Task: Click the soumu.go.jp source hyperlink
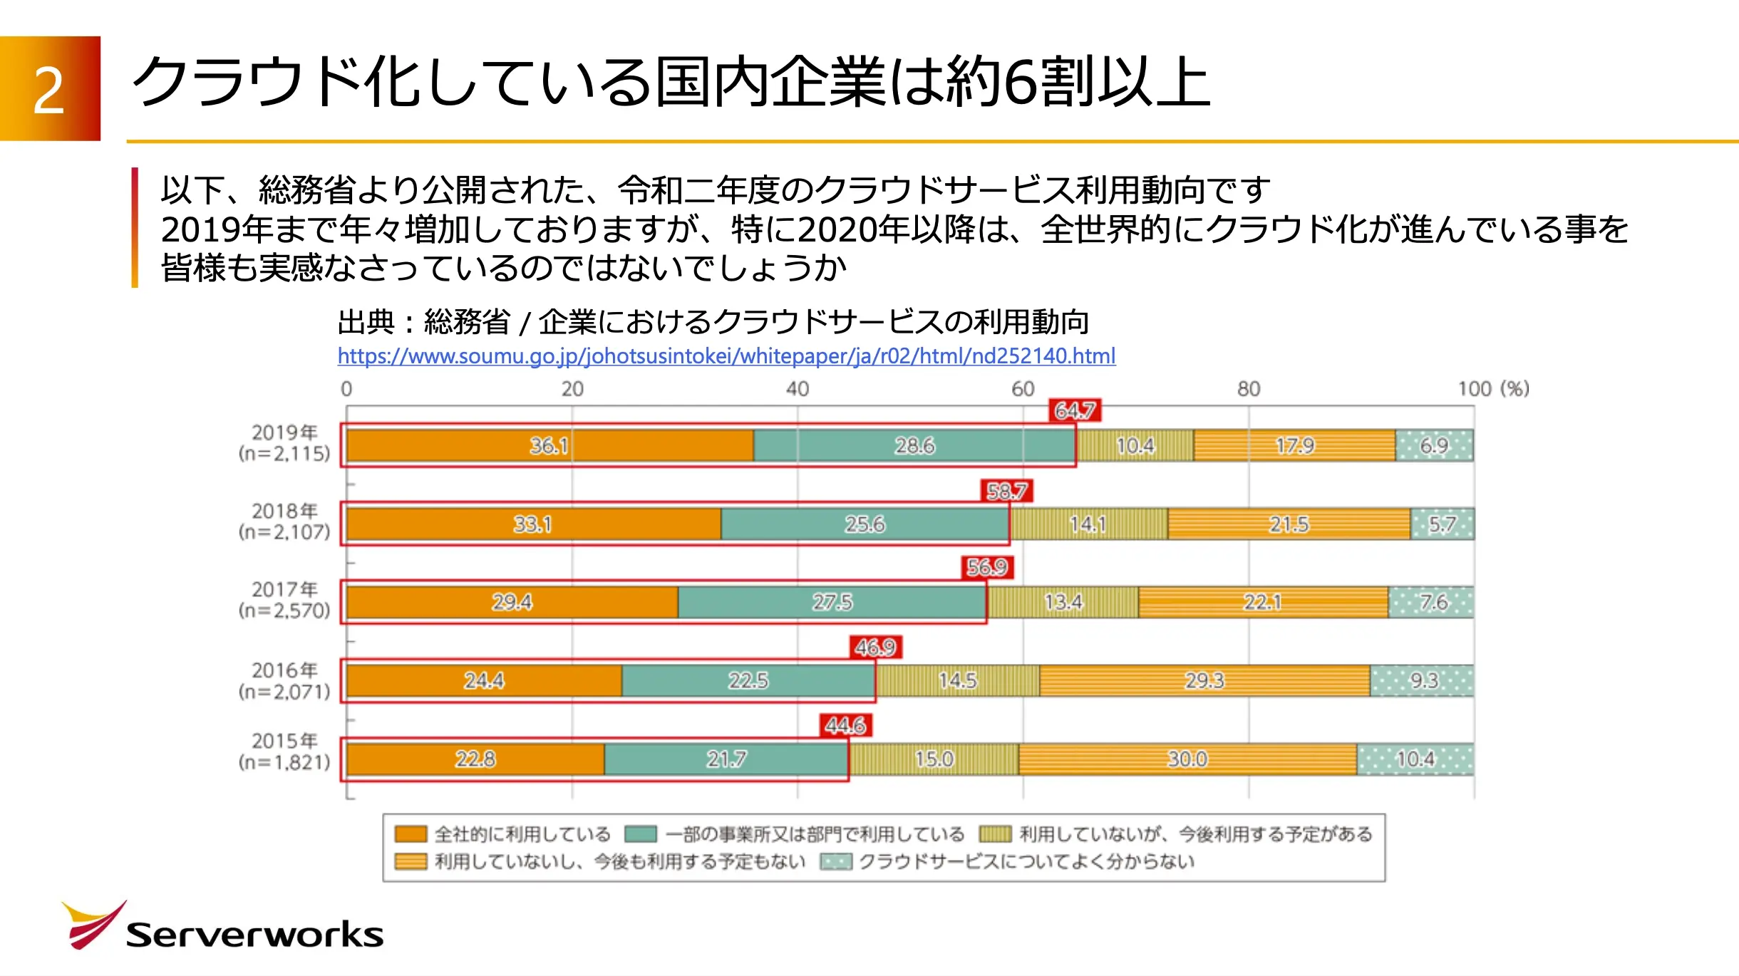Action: point(726,356)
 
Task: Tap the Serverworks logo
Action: point(222,928)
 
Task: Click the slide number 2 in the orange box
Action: point(49,90)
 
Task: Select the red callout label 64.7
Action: point(1075,411)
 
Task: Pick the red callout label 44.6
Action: point(845,725)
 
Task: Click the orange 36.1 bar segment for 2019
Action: point(549,446)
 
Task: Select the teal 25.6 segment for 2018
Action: point(865,524)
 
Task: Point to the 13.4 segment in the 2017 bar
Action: point(1063,603)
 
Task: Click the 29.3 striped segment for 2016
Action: point(1204,681)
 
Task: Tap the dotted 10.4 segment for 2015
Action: point(1415,759)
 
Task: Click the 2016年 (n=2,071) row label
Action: point(284,681)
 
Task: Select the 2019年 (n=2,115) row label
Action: point(284,443)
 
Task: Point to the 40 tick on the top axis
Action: point(798,389)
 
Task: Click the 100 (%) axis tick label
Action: point(1492,389)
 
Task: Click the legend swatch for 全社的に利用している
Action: point(411,834)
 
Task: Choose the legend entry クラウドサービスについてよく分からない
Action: point(1026,862)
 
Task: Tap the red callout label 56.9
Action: point(987,567)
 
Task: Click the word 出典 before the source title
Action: point(366,322)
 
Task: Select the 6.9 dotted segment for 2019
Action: point(1434,446)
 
